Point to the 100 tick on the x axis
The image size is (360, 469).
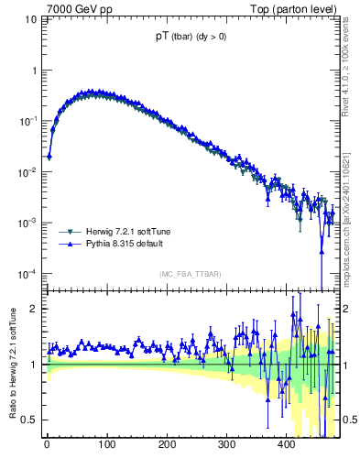(106, 446)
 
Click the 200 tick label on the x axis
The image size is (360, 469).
(167, 446)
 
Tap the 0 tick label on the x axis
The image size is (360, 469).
(47, 446)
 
